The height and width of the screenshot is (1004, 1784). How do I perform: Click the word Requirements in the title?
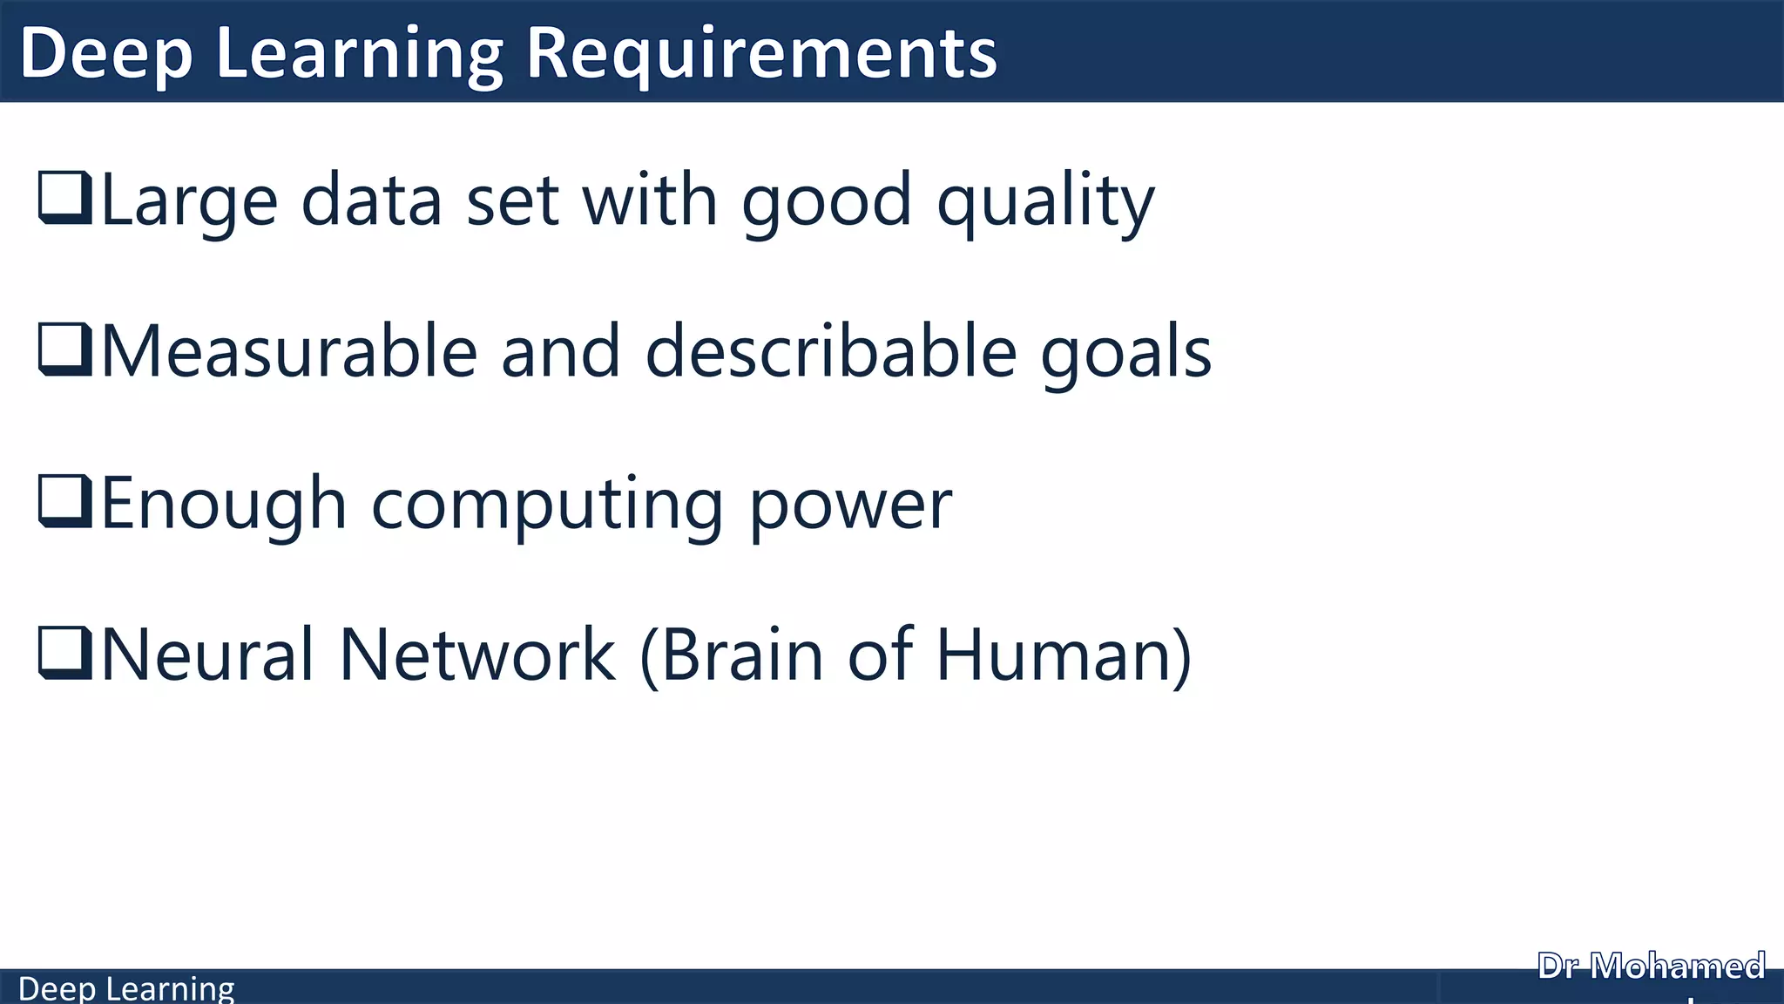[x=761, y=54]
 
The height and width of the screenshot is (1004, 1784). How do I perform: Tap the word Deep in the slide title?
[x=105, y=54]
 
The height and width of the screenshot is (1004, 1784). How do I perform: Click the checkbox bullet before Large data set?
[x=65, y=198]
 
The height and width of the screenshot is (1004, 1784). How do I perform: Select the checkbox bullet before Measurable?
[x=65, y=349]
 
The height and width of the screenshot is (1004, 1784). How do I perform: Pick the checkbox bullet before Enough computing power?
[x=65, y=501]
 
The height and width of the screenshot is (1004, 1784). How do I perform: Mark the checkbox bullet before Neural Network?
[x=65, y=653]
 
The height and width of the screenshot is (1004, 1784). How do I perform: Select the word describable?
[x=831, y=351]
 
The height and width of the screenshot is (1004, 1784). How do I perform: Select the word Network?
[x=476, y=655]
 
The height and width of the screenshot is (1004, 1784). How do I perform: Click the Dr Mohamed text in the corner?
[x=1651, y=966]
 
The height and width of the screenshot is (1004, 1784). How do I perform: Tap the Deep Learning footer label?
[x=126, y=988]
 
